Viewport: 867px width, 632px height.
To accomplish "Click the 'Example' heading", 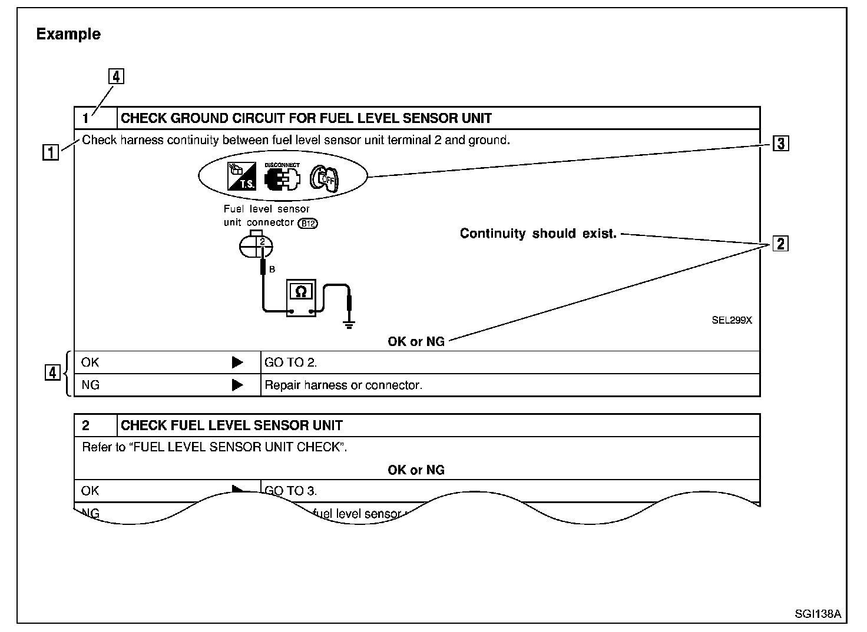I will (x=68, y=34).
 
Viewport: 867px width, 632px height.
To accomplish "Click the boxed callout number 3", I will (x=780, y=143).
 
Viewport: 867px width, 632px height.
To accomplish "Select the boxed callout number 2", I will (x=780, y=243).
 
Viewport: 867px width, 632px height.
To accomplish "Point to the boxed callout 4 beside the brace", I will (x=52, y=372).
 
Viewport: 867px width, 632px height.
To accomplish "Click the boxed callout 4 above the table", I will (x=116, y=76).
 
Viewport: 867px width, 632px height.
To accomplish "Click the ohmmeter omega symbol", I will (x=300, y=291).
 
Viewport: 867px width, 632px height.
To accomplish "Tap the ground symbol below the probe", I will (x=349, y=324).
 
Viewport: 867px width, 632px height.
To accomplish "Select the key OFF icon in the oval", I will (x=325, y=177).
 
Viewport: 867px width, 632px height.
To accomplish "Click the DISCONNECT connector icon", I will (x=282, y=177).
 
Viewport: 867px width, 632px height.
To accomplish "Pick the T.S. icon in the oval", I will (x=241, y=177).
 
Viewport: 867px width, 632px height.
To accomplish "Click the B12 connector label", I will (x=307, y=223).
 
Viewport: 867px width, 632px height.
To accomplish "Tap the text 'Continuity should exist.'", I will (x=538, y=234).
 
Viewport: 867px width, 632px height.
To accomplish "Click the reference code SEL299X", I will (x=732, y=321).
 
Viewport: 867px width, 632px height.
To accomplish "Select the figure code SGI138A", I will (x=818, y=613).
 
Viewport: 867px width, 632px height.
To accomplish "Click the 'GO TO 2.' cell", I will (x=291, y=362).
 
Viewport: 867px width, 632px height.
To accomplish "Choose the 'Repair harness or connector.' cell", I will (x=343, y=385).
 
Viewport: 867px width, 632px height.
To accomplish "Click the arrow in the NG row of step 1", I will (x=237, y=385).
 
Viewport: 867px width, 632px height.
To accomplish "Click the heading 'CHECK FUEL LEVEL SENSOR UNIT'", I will (x=231, y=425).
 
